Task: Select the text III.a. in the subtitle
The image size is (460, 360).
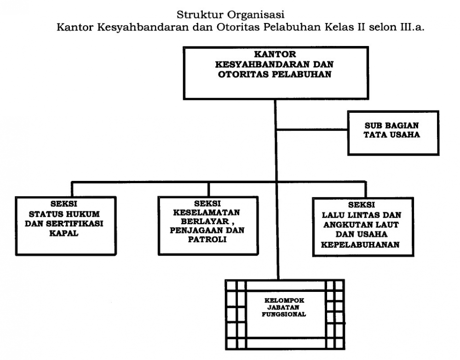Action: pos(412,27)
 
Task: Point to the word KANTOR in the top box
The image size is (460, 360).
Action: pos(275,54)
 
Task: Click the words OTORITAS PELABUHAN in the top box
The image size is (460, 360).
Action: pos(275,74)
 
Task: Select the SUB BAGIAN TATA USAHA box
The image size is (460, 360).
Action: pos(393,133)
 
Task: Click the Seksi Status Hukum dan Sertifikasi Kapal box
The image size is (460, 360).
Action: pos(66,226)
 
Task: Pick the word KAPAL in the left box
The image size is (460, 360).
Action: pos(63,233)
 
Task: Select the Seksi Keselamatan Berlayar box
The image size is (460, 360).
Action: pos(208,226)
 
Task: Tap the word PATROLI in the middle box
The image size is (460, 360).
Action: pos(207,239)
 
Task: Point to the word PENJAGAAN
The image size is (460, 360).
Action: pos(195,230)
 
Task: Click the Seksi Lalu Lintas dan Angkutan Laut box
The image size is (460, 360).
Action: pos(363,227)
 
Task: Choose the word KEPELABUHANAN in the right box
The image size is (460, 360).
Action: pos(360,244)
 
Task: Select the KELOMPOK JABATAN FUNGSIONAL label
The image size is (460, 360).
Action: pos(284,308)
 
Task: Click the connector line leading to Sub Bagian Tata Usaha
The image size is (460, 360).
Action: pos(312,129)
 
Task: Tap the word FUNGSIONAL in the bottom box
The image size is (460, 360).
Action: pos(284,314)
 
